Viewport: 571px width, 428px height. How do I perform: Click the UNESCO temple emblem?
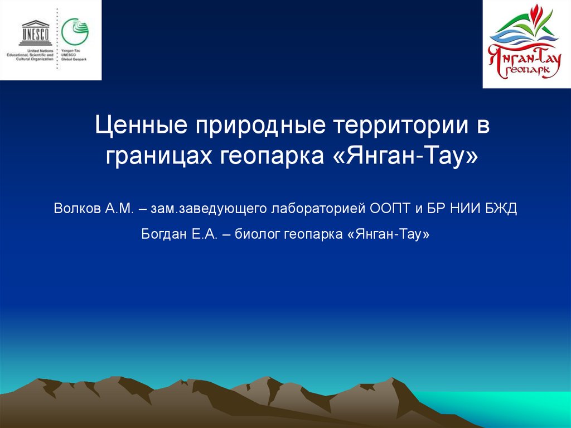click(35, 32)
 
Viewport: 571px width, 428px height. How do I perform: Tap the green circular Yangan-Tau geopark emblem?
click(75, 32)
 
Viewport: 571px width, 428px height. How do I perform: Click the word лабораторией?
click(318, 209)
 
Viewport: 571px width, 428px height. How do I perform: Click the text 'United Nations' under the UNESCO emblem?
click(43, 51)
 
